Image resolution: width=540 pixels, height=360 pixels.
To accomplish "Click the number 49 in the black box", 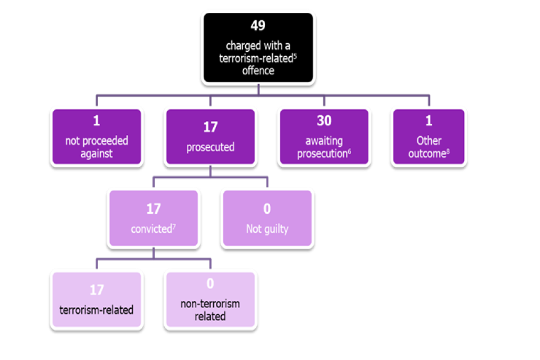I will (258, 25).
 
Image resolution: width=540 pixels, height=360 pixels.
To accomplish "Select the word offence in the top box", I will (258, 71).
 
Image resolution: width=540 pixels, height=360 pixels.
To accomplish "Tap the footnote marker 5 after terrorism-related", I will (295, 56).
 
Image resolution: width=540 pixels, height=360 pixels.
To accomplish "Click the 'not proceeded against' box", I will (97, 137).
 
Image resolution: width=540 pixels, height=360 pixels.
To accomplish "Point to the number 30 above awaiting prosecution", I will (324, 121).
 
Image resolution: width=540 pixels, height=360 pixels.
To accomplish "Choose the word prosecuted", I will (210, 147).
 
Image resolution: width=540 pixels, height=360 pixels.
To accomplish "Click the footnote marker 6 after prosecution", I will (349, 151).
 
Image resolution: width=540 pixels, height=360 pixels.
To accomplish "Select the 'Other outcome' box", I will (429, 137).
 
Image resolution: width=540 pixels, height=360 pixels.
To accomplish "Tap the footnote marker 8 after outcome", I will (448, 151).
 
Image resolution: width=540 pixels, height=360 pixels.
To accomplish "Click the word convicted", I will (151, 229).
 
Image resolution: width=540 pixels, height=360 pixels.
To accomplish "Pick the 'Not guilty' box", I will (267, 218).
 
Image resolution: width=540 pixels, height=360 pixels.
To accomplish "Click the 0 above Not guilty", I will (267, 209).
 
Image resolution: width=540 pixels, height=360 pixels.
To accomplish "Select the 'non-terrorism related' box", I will (210, 300).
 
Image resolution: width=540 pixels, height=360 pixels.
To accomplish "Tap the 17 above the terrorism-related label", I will (97, 290).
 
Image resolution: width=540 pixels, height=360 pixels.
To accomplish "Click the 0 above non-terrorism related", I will (210, 284).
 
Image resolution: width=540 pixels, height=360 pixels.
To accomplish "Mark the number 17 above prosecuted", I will (210, 128).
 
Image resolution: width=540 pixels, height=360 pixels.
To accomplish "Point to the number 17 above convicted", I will (154, 209).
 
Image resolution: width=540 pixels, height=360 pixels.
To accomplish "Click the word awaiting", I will (324, 141).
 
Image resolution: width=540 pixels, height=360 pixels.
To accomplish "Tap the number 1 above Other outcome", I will (429, 121).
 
